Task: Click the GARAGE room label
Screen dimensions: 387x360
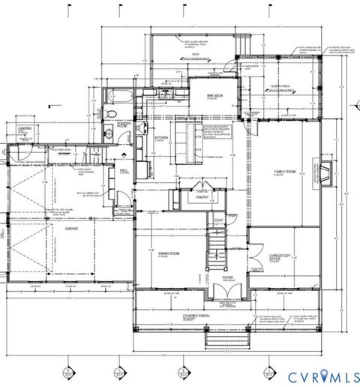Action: [x=71, y=229]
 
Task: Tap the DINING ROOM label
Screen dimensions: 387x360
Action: [x=169, y=254]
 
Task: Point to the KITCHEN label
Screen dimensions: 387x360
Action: [x=161, y=138]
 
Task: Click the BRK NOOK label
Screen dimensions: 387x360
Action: [x=216, y=96]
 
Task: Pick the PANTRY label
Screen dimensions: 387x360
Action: [x=201, y=197]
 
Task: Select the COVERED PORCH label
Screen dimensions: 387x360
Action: [x=196, y=317]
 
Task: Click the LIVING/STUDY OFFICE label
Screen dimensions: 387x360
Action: [x=279, y=259]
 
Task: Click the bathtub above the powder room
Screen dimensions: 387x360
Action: [x=118, y=97]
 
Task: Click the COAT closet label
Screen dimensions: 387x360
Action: [x=219, y=220]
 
